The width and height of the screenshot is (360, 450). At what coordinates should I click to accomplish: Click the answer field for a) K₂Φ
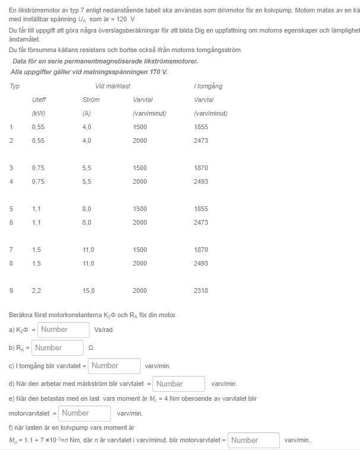(63, 330)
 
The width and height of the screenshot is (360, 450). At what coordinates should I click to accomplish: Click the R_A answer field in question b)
(58, 348)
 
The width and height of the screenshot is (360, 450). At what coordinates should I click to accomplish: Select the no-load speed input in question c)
(114, 366)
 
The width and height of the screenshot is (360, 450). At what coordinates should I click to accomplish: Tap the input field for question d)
(179, 384)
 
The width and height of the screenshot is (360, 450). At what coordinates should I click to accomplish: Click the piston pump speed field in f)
(253, 441)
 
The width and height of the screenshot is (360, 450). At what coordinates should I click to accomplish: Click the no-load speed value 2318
(200, 291)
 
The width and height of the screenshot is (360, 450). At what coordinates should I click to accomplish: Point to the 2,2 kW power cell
(36, 291)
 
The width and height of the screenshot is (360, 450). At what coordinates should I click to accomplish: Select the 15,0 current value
(88, 291)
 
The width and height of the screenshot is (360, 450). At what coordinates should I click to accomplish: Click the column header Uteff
(39, 100)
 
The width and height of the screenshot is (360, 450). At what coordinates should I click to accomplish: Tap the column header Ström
(91, 100)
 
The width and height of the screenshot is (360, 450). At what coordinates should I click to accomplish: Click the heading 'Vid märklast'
(113, 86)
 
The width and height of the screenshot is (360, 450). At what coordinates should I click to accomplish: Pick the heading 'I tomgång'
(208, 86)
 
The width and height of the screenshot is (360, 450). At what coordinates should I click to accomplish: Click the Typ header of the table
(14, 86)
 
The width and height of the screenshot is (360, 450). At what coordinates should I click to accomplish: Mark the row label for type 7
(11, 250)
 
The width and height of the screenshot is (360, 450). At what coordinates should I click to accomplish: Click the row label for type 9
(11, 291)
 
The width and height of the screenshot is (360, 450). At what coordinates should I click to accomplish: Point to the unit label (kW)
(39, 113)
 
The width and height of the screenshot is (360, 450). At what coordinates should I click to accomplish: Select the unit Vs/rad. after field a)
(104, 330)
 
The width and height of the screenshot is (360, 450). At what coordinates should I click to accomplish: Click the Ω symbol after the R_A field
(91, 348)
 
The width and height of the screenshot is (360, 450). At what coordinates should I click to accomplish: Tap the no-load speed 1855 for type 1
(200, 127)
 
